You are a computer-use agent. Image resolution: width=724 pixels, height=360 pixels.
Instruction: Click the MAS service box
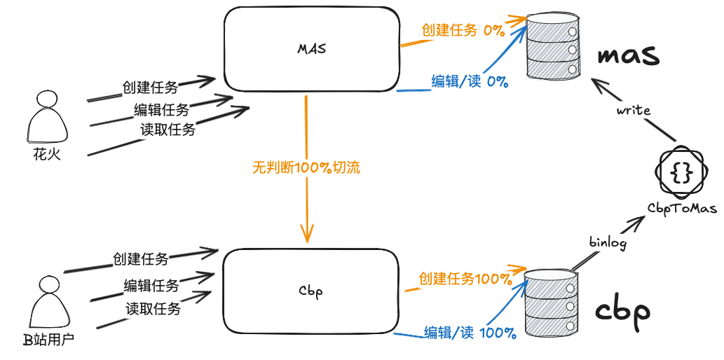[312, 49]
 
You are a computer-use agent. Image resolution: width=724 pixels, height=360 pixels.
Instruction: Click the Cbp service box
[309, 291]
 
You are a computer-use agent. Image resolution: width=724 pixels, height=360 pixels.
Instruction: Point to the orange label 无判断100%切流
[306, 167]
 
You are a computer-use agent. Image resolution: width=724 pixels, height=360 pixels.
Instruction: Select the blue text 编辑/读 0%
[469, 81]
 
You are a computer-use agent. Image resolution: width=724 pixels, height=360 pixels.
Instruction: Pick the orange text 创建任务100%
[465, 278]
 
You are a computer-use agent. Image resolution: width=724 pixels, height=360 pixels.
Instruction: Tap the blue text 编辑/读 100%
[470, 333]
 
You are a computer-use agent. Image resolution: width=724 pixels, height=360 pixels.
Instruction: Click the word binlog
[607, 242]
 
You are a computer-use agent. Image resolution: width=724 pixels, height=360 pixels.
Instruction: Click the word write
[634, 111]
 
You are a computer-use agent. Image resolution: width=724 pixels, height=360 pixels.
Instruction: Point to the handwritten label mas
[628, 55]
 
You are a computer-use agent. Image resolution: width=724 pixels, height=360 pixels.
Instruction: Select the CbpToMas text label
[682, 207]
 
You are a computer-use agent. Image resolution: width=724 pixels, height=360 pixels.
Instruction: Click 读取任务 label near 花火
[168, 129]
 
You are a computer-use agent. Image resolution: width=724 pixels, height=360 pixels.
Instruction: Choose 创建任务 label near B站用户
[140, 259]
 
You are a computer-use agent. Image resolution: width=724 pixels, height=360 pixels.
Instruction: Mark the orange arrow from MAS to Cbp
[306, 203]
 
